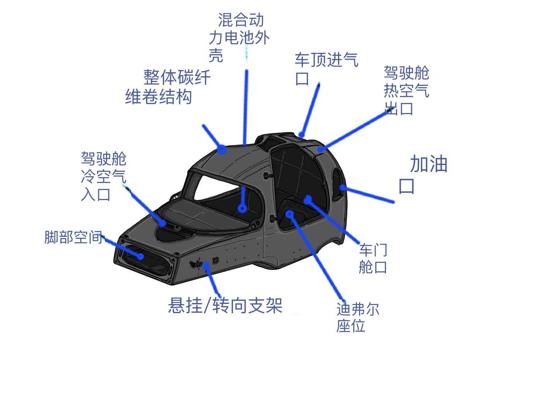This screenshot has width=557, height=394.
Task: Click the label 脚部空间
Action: [x=73, y=237]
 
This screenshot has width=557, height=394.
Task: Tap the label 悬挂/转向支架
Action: [x=225, y=305]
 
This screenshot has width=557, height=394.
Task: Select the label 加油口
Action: [x=423, y=174]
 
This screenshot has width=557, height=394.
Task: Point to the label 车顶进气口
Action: [x=326, y=69]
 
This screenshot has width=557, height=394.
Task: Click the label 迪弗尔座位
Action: [x=357, y=317]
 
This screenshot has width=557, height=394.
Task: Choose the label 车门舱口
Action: [x=373, y=259]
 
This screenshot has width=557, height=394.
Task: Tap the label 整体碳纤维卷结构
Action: [x=168, y=87]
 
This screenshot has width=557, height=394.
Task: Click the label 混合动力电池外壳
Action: [x=239, y=38]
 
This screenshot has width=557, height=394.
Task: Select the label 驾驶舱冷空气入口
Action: [x=104, y=176]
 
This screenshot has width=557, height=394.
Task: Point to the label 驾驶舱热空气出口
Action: [x=407, y=90]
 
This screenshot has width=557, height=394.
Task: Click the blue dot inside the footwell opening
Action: [x=140, y=256]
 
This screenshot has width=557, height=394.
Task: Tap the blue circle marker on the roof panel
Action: [x=222, y=150]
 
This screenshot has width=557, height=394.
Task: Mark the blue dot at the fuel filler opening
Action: [x=343, y=188]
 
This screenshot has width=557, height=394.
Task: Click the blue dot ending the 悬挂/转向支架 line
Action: [x=206, y=265]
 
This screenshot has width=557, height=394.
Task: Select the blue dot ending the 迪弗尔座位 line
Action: [x=289, y=214]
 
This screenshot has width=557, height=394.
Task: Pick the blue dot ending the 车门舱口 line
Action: [x=308, y=199]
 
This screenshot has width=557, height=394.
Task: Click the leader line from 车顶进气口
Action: [x=310, y=110]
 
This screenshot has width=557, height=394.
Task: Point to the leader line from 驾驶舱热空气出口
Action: [x=355, y=131]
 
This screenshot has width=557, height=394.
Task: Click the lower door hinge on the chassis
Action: [x=274, y=219]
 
